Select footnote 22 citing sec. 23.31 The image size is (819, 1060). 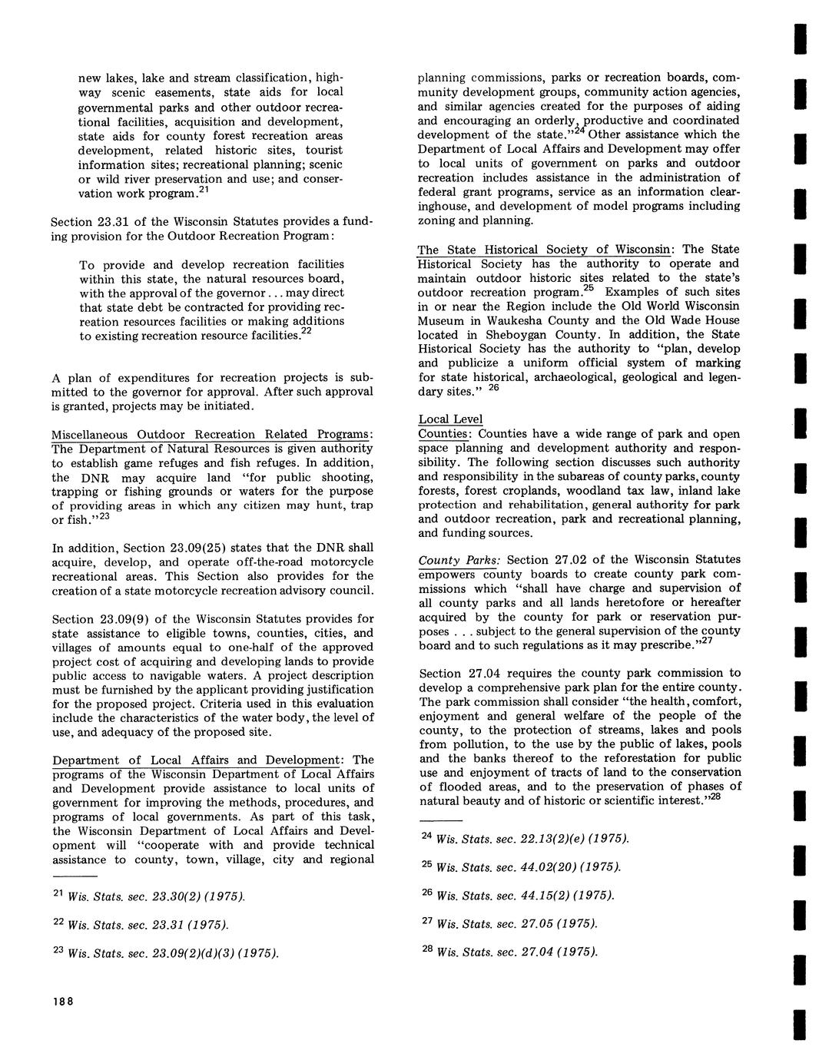[x=141, y=924]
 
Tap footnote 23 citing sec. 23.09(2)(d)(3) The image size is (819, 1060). [x=165, y=953]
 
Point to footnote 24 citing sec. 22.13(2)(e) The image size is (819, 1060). [x=526, y=838]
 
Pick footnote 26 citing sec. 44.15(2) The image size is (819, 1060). [x=518, y=895]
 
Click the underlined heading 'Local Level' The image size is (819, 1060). [x=451, y=419]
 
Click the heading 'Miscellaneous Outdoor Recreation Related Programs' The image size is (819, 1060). [x=212, y=435]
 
